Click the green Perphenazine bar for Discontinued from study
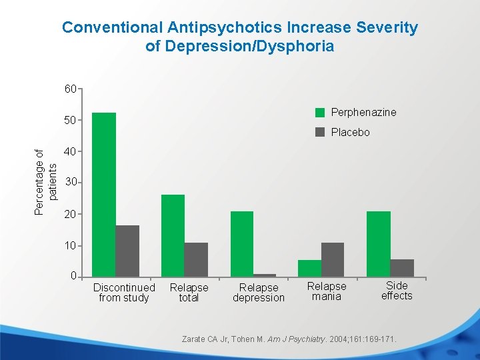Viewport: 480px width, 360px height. [104, 194]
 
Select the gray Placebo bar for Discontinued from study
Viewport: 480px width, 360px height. [127, 251]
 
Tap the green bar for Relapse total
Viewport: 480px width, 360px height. [173, 235]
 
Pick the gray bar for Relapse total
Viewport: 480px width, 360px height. [196, 259]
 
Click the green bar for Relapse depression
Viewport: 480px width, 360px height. [242, 243]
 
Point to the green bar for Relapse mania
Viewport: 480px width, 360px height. [309, 268]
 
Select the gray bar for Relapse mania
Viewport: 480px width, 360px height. [332, 259]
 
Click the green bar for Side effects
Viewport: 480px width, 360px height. [378, 243]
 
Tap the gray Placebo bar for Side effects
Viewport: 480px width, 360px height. [402, 267]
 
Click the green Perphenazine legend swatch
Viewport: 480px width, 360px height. [320, 112]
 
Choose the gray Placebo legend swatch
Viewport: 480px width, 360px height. [320, 132]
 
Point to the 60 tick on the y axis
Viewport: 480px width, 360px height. [70, 88]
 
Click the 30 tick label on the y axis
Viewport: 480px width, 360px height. [70, 182]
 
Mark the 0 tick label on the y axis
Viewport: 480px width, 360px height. [73, 276]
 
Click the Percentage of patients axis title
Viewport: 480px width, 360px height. [47, 183]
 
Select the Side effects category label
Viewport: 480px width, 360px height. [397, 291]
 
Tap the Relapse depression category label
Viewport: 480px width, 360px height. [259, 293]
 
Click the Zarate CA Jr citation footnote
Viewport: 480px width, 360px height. [289, 339]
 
